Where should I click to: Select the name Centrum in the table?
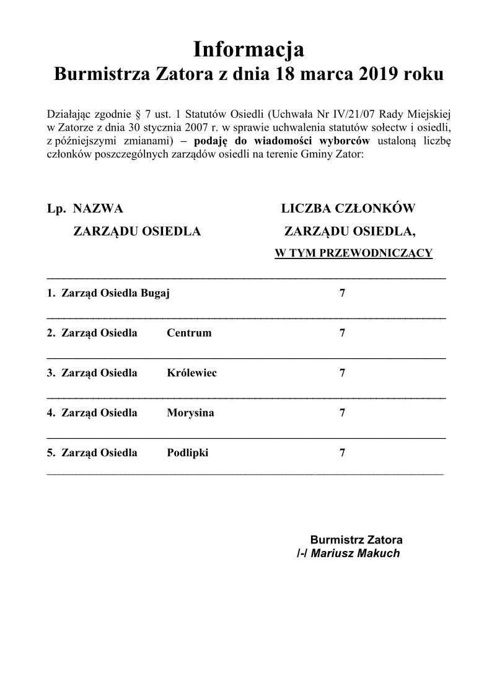click(x=189, y=333)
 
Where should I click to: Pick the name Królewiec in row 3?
click(x=191, y=373)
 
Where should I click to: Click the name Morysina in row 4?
click(x=190, y=413)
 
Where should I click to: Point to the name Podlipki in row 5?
click(x=188, y=452)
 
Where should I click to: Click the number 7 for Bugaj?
click(x=342, y=293)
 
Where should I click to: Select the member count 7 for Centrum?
click(x=342, y=333)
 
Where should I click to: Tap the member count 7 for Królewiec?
click(x=342, y=373)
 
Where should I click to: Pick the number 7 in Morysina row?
click(x=342, y=413)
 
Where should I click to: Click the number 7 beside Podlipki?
click(x=342, y=452)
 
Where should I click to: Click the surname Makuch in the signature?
click(x=379, y=553)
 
